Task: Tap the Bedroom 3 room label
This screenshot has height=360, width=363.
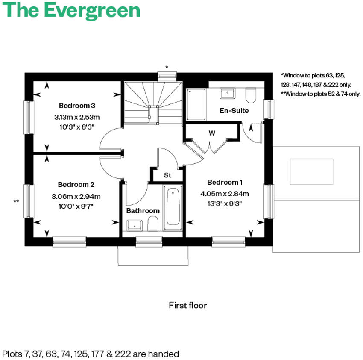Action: pyautogui.click(x=77, y=106)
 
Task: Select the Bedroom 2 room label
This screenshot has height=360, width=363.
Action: pyautogui.click(x=76, y=185)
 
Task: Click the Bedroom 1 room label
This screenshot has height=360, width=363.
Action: pyautogui.click(x=225, y=182)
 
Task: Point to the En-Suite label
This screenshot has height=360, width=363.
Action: pyautogui.click(x=234, y=111)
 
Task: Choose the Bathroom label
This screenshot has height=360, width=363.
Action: pyautogui.click(x=143, y=211)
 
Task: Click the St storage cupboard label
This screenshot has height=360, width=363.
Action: pyautogui.click(x=167, y=175)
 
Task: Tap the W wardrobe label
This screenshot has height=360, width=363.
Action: pyautogui.click(x=212, y=133)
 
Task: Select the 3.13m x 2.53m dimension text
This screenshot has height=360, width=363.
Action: pyautogui.click(x=77, y=116)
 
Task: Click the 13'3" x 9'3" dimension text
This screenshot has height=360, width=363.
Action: pyautogui.click(x=225, y=204)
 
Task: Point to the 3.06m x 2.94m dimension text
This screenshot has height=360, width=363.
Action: pyautogui.click(x=76, y=197)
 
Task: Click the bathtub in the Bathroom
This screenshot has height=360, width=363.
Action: pyautogui.click(x=173, y=207)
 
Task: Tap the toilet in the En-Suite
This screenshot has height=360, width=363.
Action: pyautogui.click(x=251, y=95)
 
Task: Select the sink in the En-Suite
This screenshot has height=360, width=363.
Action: pyautogui.click(x=227, y=93)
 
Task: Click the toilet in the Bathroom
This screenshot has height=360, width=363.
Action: pyautogui.click(x=153, y=223)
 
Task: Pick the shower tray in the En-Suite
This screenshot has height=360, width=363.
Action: pyautogui.click(x=196, y=104)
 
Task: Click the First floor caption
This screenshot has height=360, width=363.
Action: pyautogui.click(x=188, y=305)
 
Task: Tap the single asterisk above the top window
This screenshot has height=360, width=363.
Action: pyautogui.click(x=167, y=67)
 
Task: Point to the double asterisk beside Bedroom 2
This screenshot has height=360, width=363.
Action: pyautogui.click(x=17, y=201)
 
